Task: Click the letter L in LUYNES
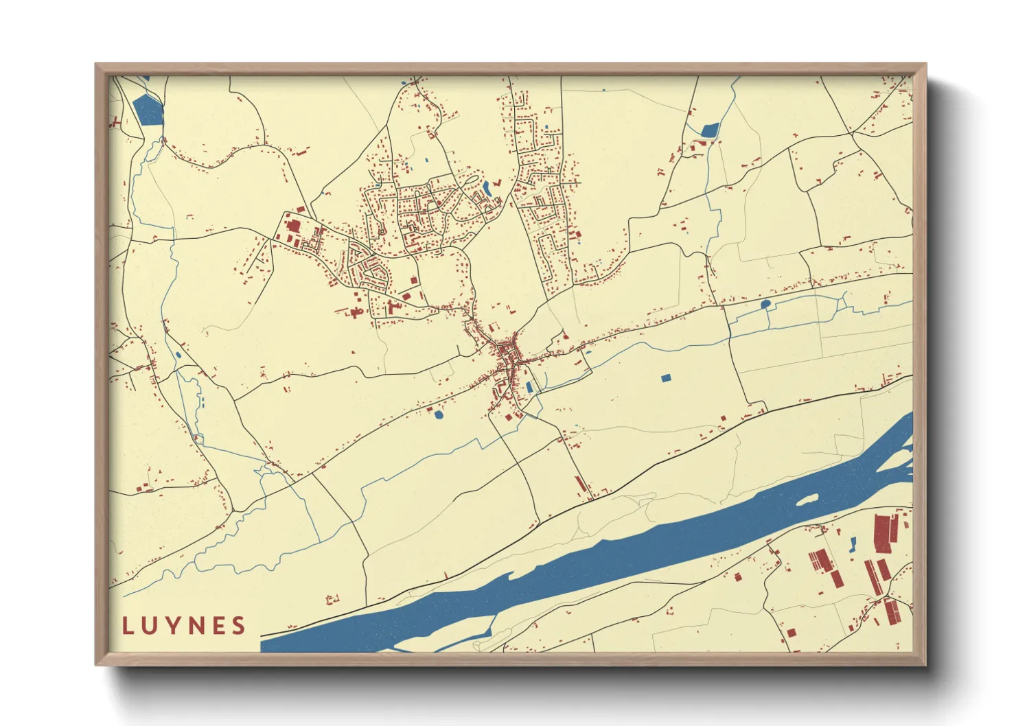(128, 626)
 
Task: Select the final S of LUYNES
(239, 626)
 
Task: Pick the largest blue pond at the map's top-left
(148, 109)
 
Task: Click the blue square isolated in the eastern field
(665, 378)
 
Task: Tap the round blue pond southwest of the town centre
(439, 414)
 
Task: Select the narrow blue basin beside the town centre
(529, 388)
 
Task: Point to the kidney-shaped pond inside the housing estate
(487, 187)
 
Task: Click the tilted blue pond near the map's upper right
(710, 129)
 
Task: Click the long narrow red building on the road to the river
(581, 483)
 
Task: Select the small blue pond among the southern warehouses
(853, 545)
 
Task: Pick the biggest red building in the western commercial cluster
(293, 225)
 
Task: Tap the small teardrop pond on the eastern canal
(765, 303)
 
